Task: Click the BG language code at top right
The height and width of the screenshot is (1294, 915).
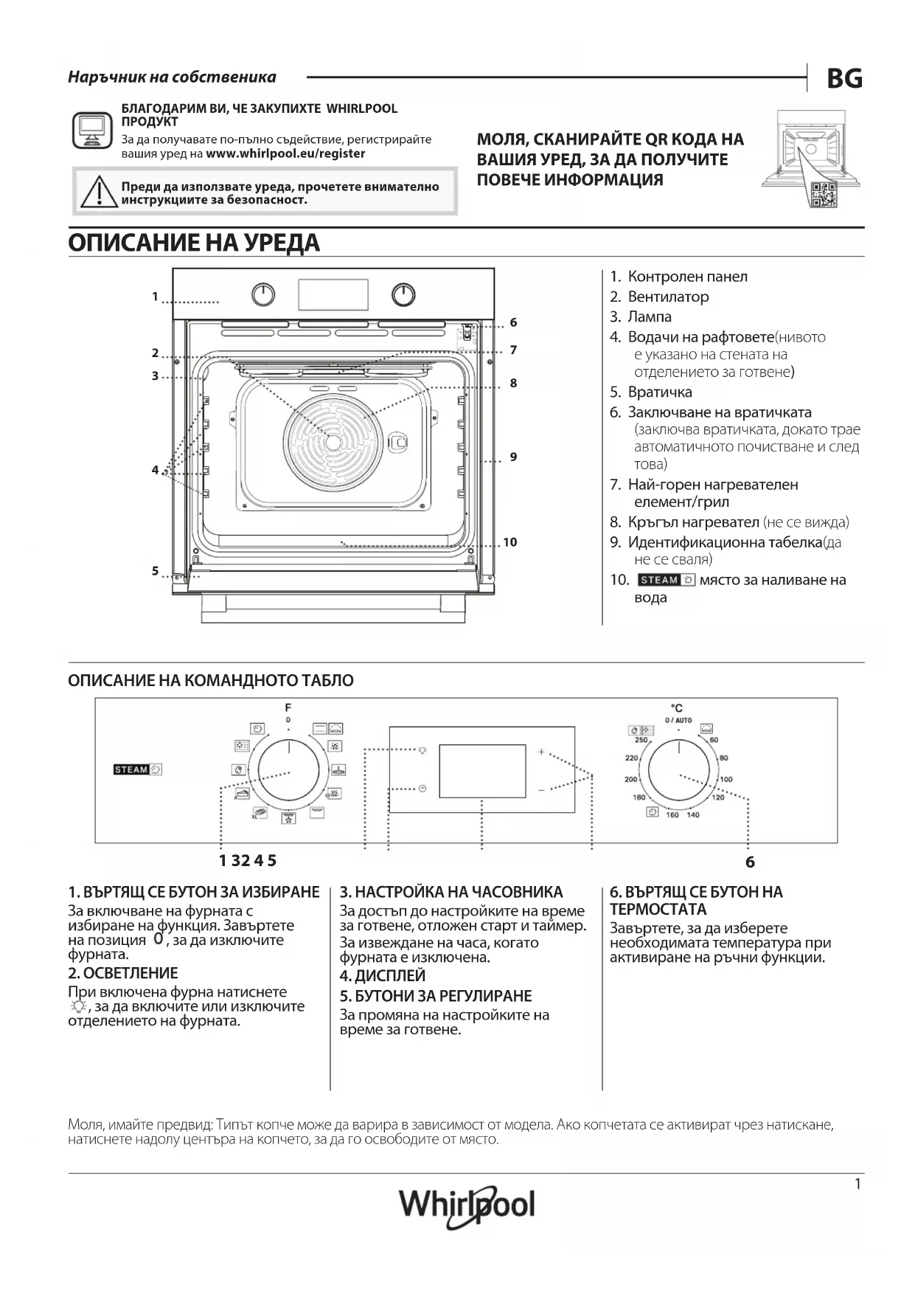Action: coord(844,78)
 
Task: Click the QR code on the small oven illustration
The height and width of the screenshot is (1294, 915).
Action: coord(823,194)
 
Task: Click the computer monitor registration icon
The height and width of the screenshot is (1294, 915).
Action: coord(92,131)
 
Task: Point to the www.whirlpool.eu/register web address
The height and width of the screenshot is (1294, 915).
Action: coord(285,153)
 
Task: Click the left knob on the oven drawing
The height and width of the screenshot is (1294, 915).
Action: coord(263,295)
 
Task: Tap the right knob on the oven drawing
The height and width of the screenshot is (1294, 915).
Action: coord(403,295)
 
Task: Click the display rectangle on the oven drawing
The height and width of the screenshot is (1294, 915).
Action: coord(333,294)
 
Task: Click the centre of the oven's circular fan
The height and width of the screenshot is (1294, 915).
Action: coord(333,442)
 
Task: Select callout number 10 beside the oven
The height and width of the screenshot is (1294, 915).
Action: coord(510,542)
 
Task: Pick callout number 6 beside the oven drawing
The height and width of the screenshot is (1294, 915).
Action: coord(513,322)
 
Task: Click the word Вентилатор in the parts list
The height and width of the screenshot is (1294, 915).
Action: coord(668,297)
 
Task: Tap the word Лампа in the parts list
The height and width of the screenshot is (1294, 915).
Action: coord(650,316)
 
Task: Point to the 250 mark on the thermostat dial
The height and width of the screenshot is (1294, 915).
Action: coord(641,740)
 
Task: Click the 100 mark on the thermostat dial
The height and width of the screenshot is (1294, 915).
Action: coord(726,779)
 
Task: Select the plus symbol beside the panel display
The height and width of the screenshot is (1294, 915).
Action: coord(541,752)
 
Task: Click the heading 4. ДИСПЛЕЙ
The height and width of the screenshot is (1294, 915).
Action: coord(383,976)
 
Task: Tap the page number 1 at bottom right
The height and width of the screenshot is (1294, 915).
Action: coord(857,1184)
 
